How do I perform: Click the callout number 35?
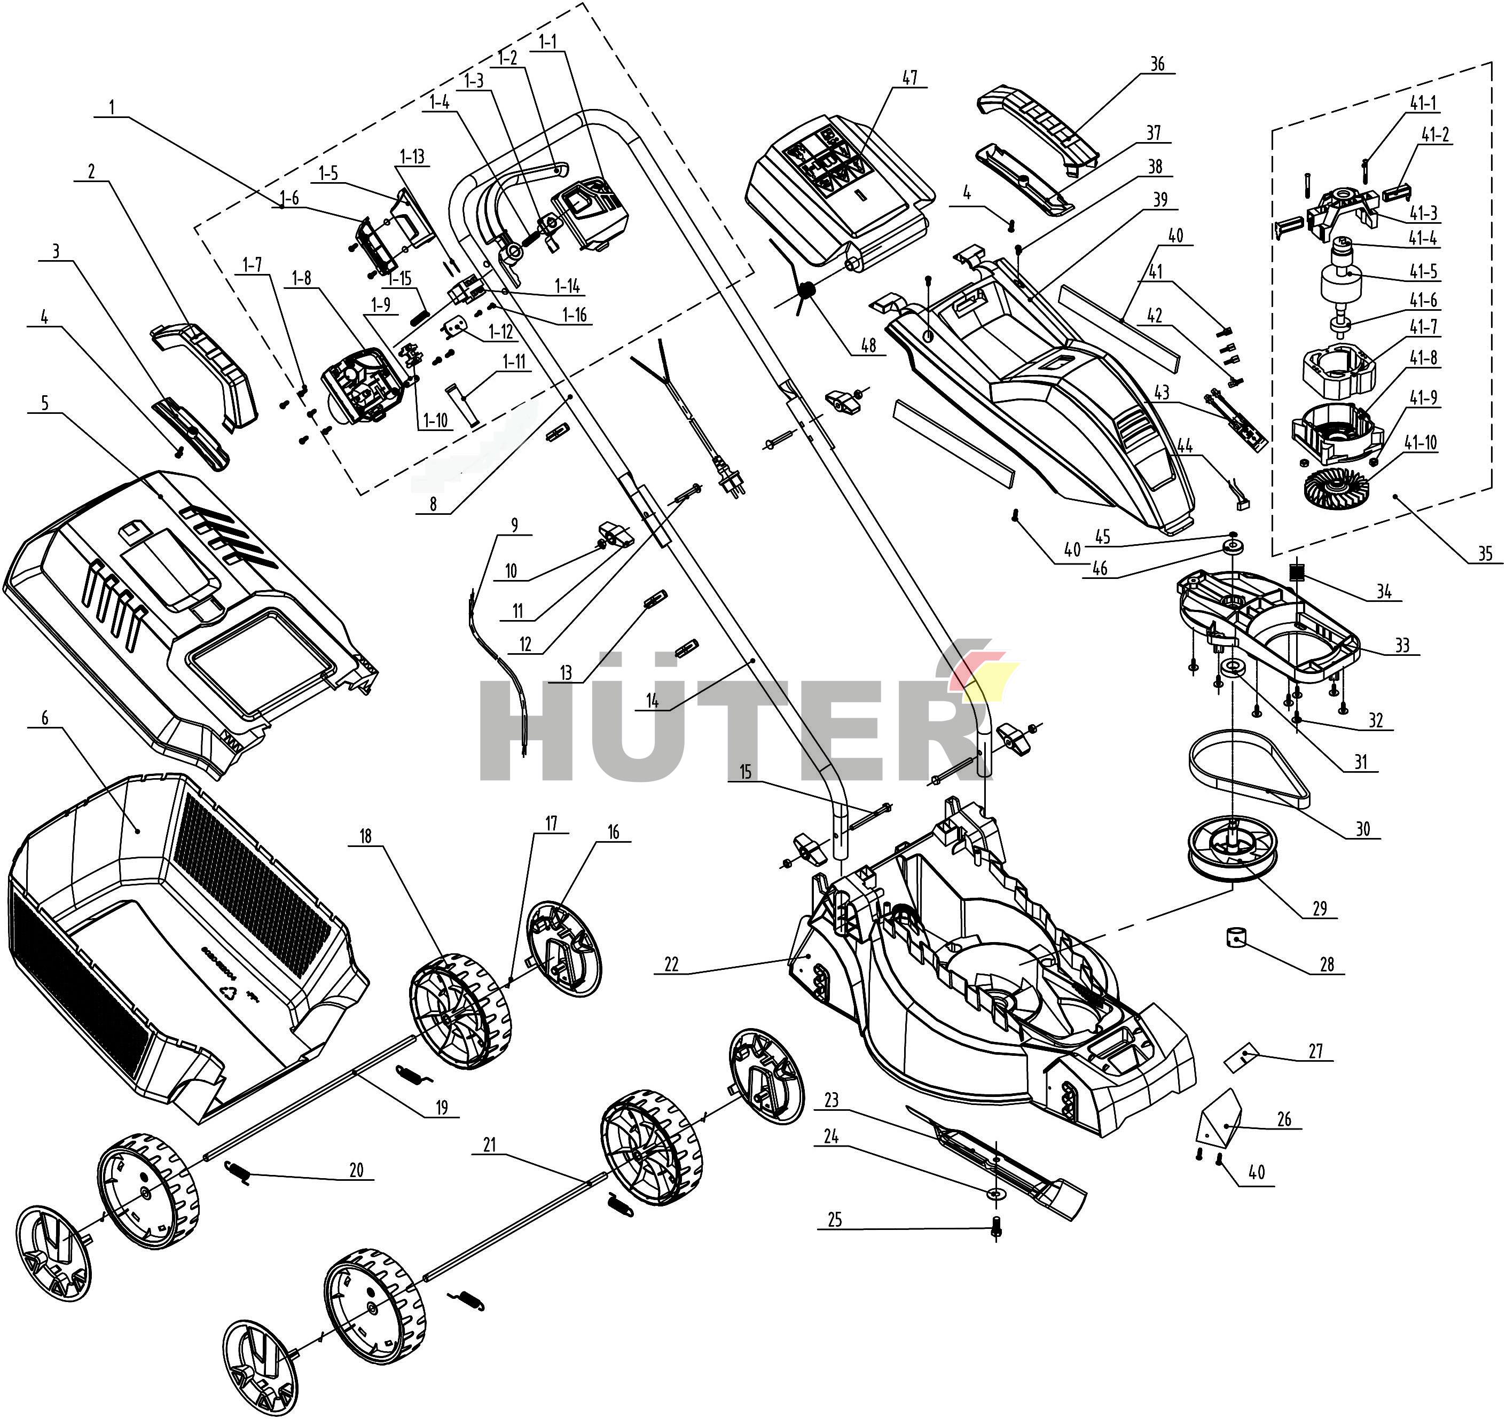coord(1483,554)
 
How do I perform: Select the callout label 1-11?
coord(514,362)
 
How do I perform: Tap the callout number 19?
coord(442,1108)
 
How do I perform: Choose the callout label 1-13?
coord(412,157)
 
